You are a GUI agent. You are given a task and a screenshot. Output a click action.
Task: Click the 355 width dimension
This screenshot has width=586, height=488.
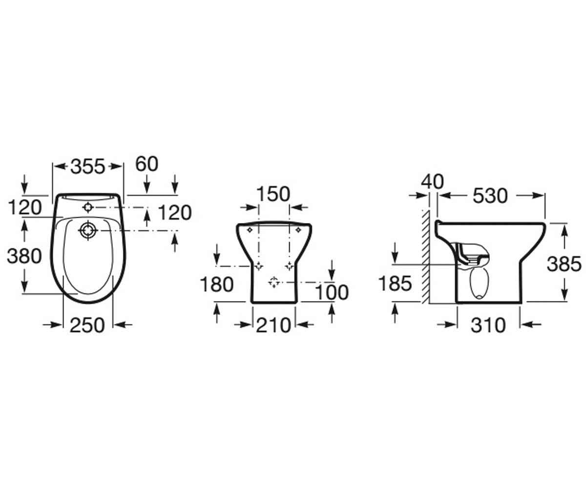pyautogui.click(x=87, y=166)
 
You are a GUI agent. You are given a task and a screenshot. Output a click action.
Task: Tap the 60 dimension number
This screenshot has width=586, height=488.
pyautogui.click(x=146, y=164)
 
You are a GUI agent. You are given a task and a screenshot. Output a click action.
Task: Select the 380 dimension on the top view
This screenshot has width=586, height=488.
pyautogui.click(x=24, y=256)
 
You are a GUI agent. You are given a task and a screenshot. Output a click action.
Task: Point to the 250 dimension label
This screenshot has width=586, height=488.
pyautogui.click(x=87, y=325)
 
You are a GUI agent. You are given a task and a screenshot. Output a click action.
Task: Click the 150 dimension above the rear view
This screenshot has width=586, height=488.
pyautogui.click(x=273, y=194)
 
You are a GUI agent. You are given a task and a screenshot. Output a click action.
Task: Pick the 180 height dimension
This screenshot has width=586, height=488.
pyautogui.click(x=216, y=285)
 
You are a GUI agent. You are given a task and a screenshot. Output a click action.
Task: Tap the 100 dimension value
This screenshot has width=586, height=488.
pyautogui.click(x=332, y=292)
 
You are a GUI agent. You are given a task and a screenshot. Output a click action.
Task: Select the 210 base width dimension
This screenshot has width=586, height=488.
pyautogui.click(x=273, y=325)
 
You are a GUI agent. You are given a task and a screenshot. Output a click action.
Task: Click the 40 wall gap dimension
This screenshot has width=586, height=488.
pyautogui.click(x=432, y=182)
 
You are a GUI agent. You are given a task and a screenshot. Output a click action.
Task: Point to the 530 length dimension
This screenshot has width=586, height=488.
pyautogui.click(x=490, y=196)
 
